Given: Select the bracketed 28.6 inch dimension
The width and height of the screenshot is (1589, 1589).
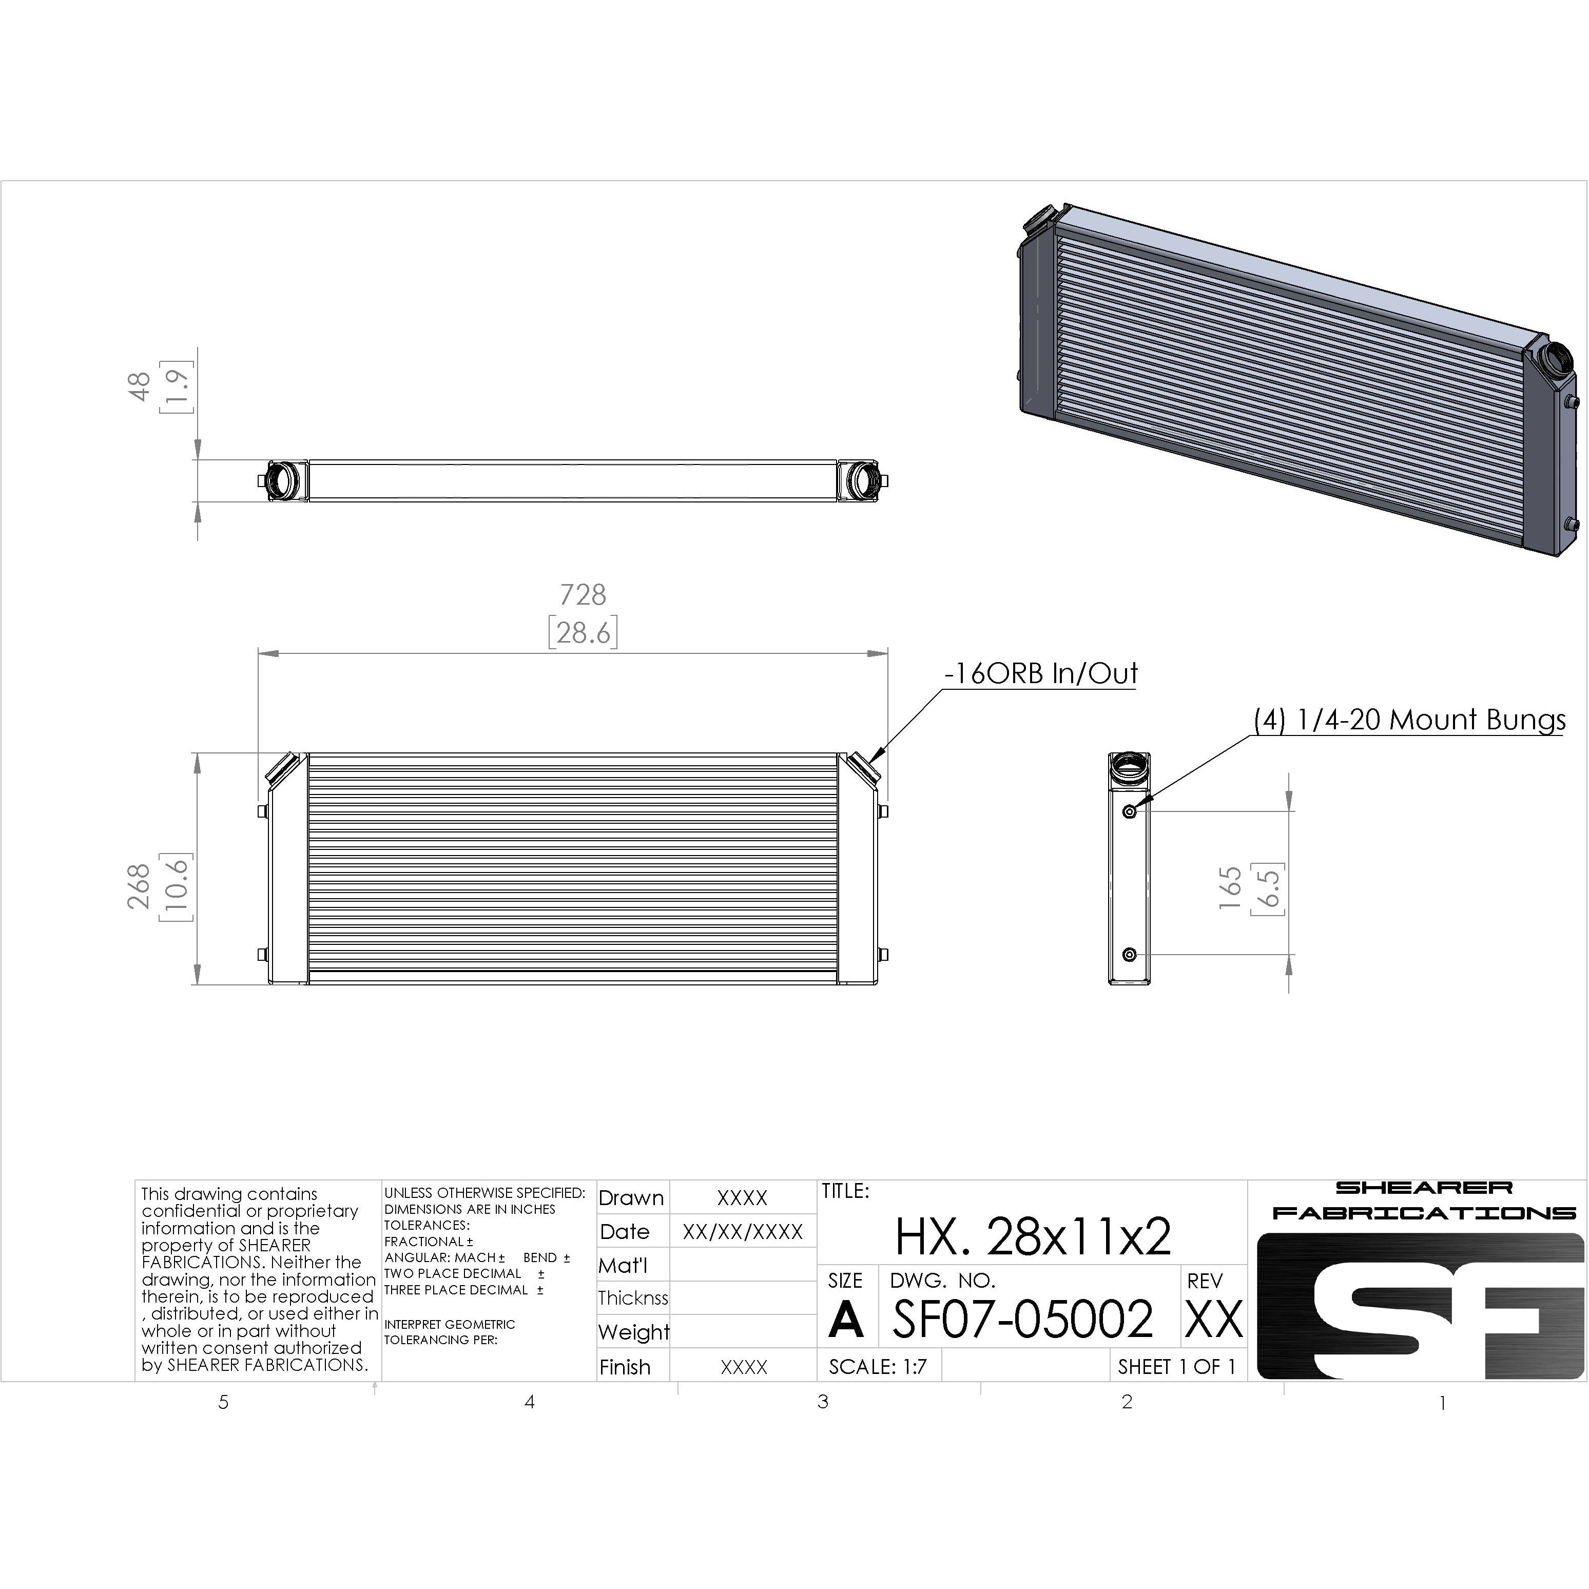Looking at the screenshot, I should coord(583,632).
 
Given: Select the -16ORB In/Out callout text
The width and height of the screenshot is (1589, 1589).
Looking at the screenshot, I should coord(1040,673).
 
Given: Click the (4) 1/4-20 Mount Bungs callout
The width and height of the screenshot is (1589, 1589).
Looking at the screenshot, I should coord(1409,721).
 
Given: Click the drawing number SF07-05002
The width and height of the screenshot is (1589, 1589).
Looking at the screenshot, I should coord(1022,1319).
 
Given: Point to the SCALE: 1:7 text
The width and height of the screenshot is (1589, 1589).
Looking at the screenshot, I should coord(878,1367).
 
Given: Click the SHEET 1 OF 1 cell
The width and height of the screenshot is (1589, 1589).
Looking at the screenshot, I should coord(1176,1367).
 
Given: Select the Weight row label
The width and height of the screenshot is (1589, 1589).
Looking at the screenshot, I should coord(633,1332).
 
